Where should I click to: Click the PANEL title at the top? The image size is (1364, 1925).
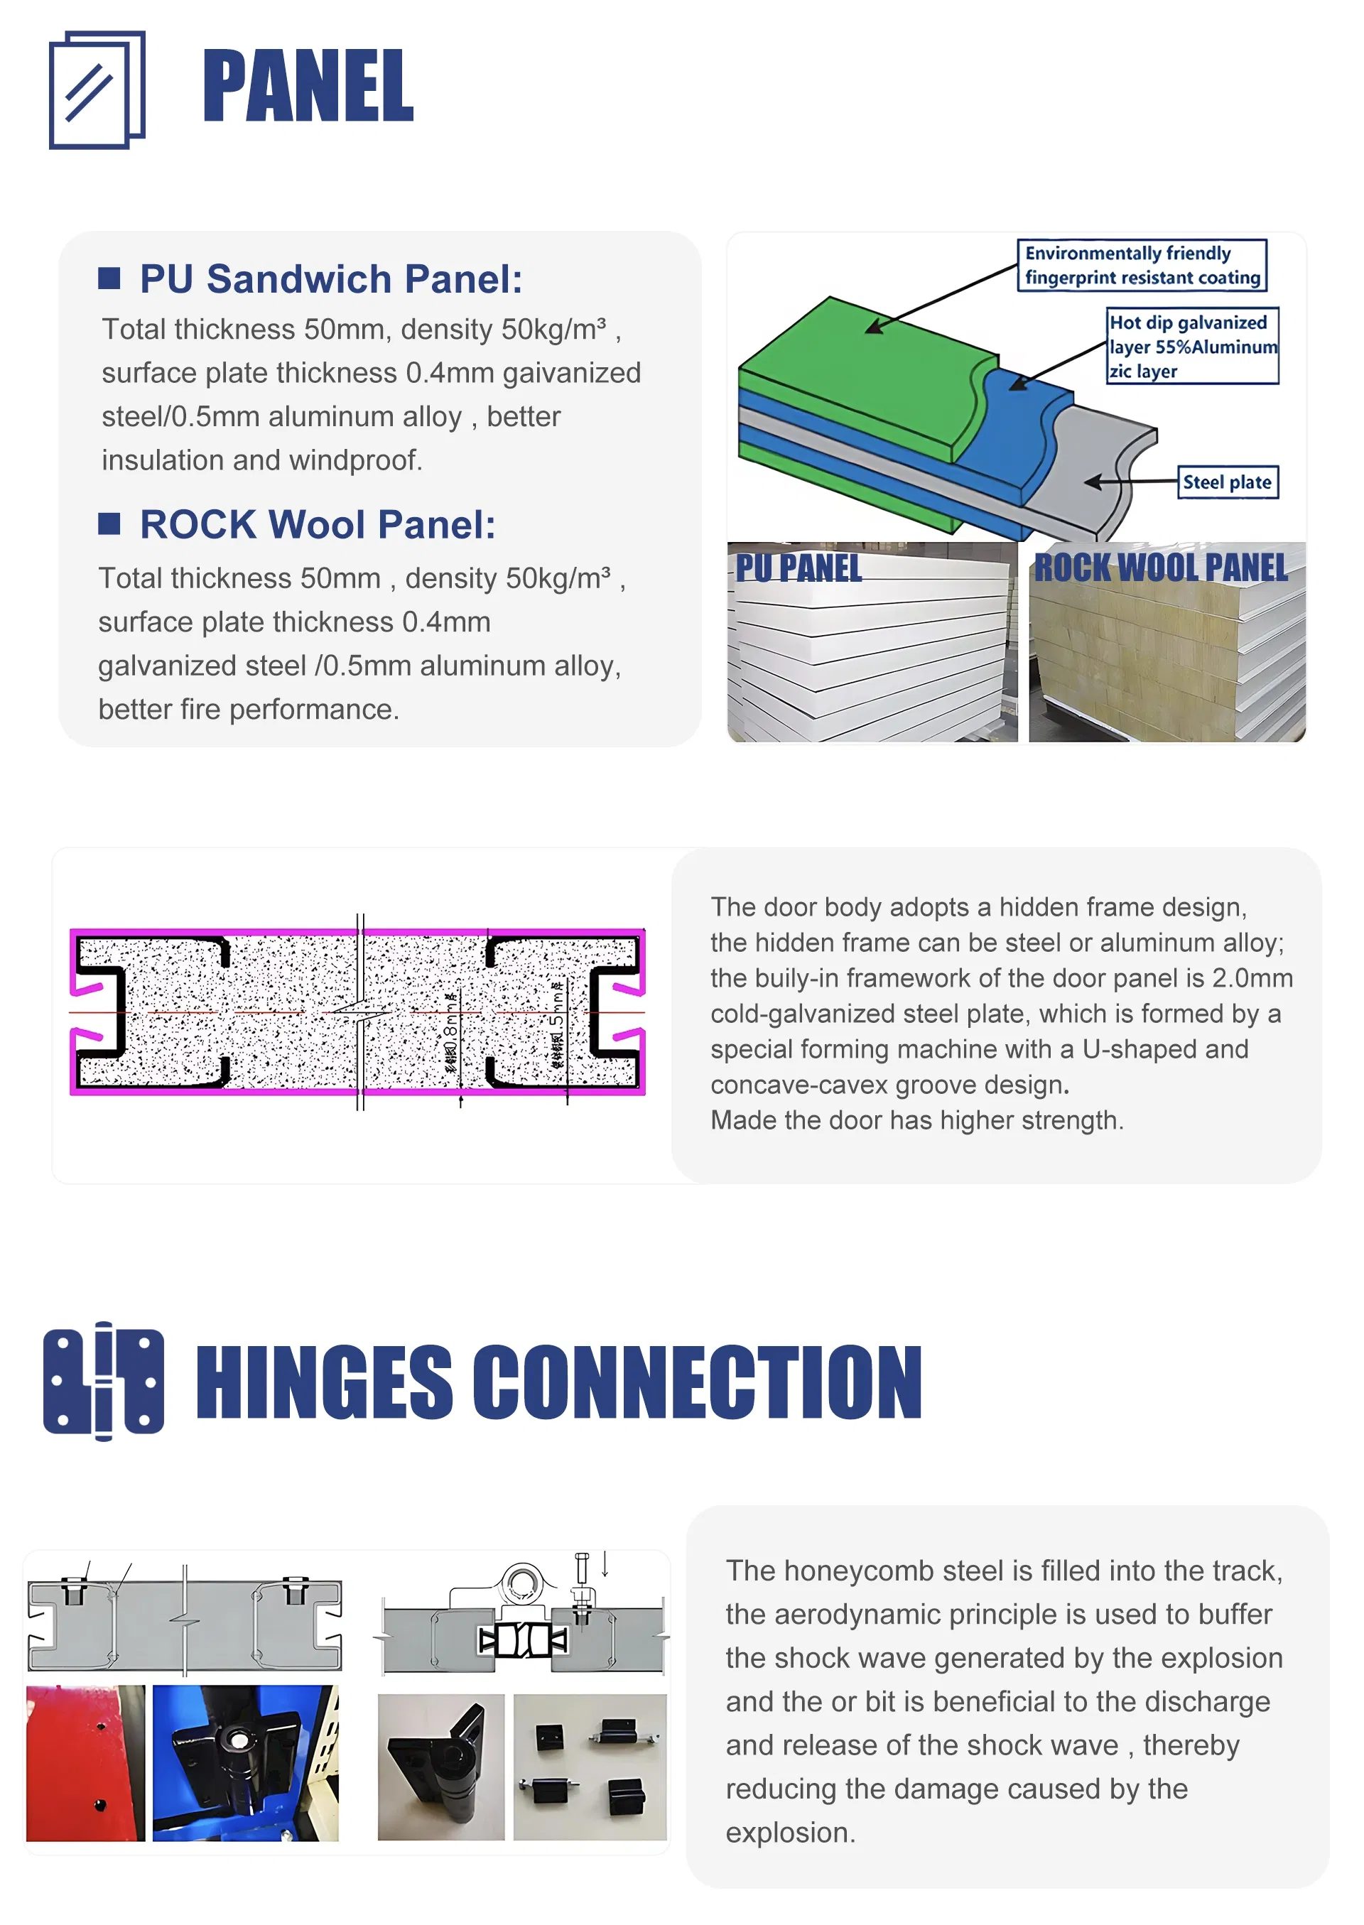308,86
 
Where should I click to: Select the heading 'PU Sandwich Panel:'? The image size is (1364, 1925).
331,279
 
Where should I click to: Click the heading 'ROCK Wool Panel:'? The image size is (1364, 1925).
318,525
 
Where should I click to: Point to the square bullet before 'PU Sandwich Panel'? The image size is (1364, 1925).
109,278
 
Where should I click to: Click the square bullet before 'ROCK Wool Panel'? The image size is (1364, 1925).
109,524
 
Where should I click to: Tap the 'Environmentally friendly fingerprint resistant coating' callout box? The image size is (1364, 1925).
1142,266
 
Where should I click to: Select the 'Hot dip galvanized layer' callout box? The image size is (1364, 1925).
1192,346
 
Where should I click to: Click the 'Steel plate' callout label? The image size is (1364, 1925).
1227,482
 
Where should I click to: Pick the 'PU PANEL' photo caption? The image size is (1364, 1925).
799,568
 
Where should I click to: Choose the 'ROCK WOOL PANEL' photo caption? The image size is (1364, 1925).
1160,568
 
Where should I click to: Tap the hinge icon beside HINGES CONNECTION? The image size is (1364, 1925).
103,1381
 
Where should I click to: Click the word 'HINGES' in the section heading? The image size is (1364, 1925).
324,1382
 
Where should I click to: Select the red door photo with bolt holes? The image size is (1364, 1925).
85,1763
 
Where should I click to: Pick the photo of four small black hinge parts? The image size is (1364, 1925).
590,1767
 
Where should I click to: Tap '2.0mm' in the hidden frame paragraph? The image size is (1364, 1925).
1252,978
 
